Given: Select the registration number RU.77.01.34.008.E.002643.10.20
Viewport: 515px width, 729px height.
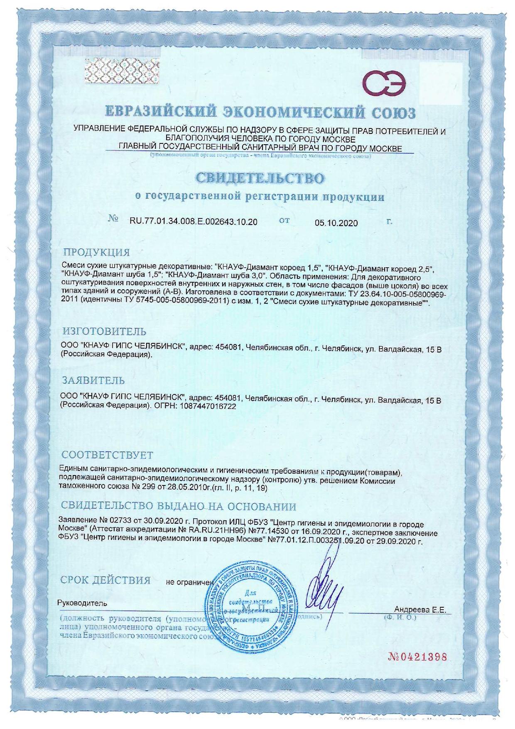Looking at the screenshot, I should tap(194, 222).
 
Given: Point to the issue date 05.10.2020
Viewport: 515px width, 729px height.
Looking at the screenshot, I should tap(336, 223).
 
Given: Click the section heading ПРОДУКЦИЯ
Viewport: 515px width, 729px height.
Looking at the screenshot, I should tap(96, 252).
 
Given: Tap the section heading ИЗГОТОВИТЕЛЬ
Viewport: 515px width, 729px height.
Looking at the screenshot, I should tap(104, 331).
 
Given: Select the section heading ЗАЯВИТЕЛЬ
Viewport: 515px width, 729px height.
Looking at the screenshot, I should tap(93, 380).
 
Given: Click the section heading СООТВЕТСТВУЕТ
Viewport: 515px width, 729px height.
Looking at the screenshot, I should tap(107, 455).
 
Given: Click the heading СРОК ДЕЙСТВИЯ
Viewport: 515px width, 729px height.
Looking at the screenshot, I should tap(105, 580).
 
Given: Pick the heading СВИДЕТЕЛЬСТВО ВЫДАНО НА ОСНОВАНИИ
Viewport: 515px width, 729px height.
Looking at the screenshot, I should tap(179, 507).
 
